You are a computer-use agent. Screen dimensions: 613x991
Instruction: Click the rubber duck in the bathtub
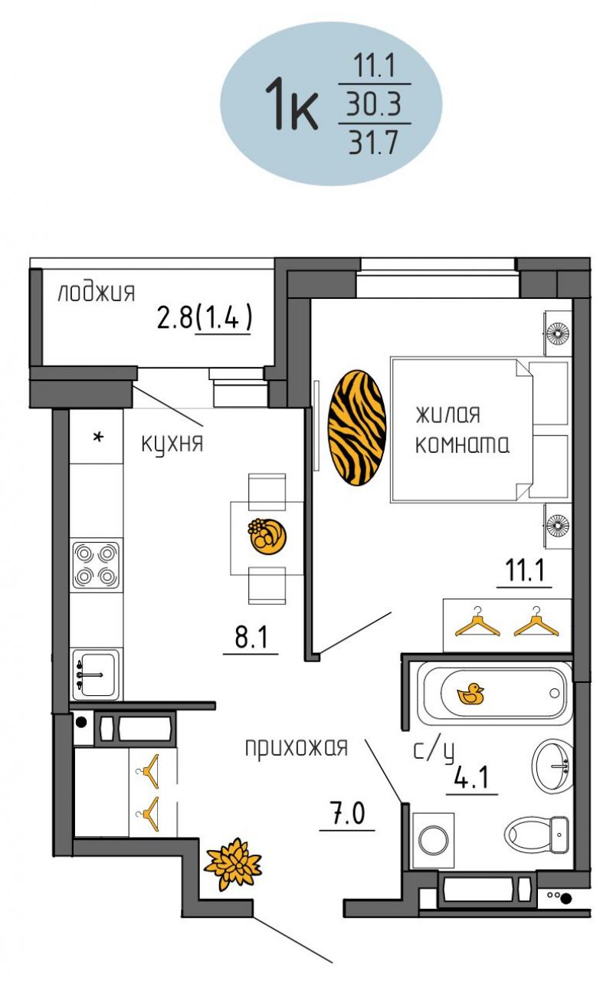tap(470, 694)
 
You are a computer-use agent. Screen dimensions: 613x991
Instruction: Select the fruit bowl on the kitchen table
tap(267, 536)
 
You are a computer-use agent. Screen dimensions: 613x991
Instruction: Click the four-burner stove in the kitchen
tap(96, 566)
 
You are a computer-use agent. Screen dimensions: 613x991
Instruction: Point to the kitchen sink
tap(96, 674)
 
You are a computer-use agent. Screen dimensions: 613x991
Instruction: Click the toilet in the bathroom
tap(536, 834)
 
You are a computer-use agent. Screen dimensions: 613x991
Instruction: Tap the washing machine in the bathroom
tap(433, 840)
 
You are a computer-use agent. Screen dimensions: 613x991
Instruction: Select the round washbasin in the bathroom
tap(552, 765)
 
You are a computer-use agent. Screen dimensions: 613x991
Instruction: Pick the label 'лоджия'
tap(96, 293)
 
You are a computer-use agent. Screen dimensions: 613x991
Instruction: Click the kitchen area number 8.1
tap(251, 638)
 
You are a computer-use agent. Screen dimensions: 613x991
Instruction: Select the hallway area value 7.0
tap(348, 814)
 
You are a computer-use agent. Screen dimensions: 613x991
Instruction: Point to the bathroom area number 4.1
tap(472, 777)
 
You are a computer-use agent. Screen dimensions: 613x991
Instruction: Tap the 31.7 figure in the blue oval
tap(374, 143)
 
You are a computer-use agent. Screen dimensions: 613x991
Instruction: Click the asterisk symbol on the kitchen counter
tap(98, 438)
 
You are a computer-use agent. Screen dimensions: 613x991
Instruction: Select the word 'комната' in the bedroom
tap(462, 445)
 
